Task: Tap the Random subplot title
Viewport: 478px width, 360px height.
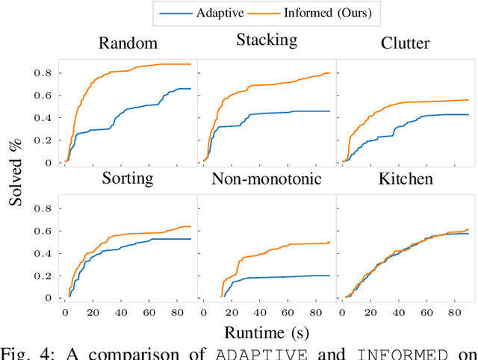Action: click(128, 43)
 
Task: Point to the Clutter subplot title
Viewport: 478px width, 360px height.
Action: click(404, 43)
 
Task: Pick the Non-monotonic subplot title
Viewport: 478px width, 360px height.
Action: click(267, 179)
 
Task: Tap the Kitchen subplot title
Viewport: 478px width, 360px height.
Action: click(404, 179)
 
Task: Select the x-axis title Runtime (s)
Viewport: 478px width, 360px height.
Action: click(267, 332)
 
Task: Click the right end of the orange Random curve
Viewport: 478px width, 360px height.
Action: click(190, 64)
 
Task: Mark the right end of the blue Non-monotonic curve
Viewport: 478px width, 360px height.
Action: click(329, 276)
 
